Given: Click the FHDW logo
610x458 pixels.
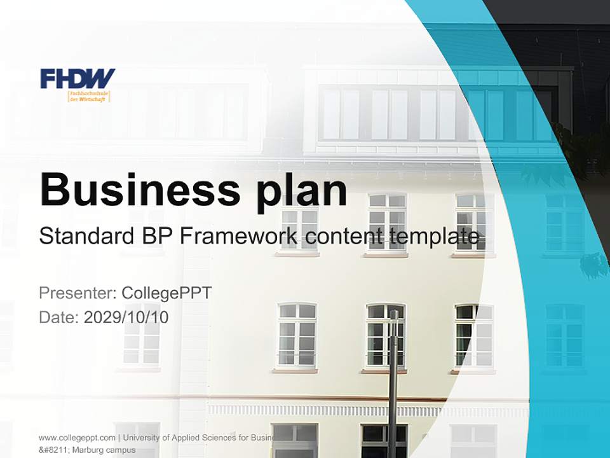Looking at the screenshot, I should pos(78,78).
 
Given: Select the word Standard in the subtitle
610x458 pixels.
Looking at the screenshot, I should pos(83,236).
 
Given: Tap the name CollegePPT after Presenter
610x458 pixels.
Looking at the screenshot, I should pos(166,293).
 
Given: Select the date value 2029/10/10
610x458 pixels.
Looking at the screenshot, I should pos(126,317).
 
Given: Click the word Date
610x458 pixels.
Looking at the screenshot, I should pos(58,317).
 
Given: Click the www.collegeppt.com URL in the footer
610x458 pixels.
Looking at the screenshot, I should pos(77,438).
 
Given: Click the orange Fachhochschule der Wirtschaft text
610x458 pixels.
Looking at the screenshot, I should pos(89,96).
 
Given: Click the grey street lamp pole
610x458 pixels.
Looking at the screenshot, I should pos(393,382).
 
